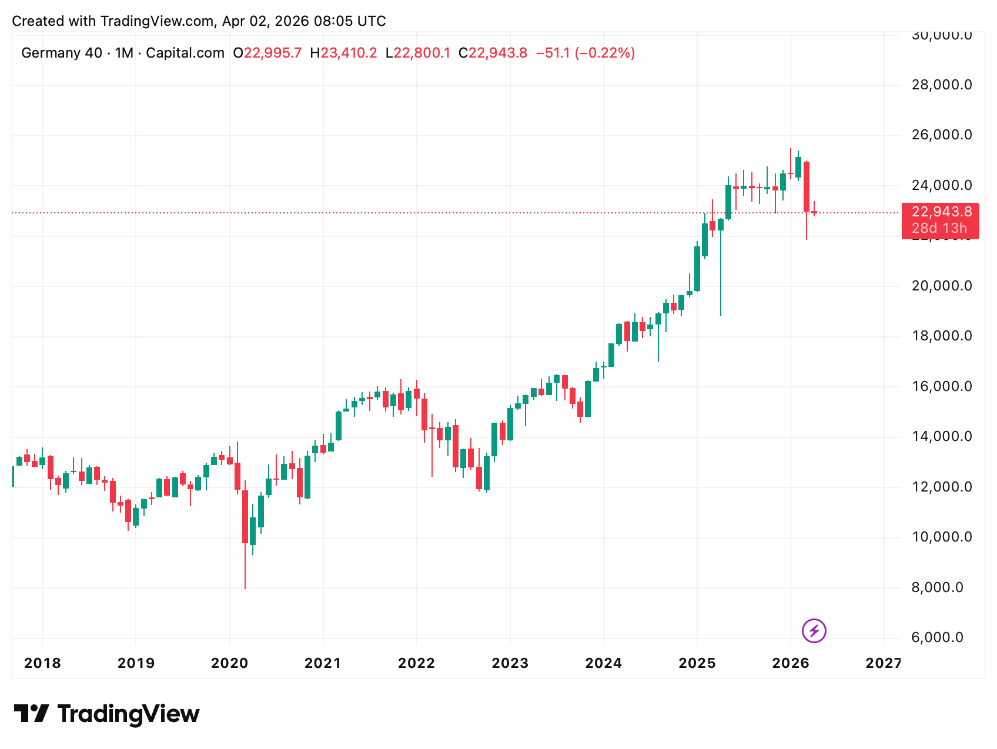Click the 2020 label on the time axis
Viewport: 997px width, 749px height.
point(229,663)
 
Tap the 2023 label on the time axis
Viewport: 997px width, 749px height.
point(510,663)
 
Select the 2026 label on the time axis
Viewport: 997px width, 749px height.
point(791,663)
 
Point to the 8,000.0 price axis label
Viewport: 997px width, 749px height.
point(937,587)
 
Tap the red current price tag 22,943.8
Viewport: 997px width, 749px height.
point(941,212)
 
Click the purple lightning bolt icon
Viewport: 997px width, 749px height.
point(814,631)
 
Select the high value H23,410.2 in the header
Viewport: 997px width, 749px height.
point(343,53)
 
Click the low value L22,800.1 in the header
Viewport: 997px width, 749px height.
point(417,53)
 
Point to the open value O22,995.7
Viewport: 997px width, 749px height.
point(267,53)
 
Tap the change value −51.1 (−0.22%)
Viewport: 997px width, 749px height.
point(585,53)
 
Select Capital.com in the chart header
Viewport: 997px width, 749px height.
point(185,53)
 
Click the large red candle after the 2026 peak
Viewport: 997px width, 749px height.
point(807,186)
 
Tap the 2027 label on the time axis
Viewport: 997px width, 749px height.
point(883,663)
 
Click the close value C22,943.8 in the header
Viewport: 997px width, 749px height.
point(493,53)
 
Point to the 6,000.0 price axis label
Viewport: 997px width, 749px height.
point(937,637)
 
